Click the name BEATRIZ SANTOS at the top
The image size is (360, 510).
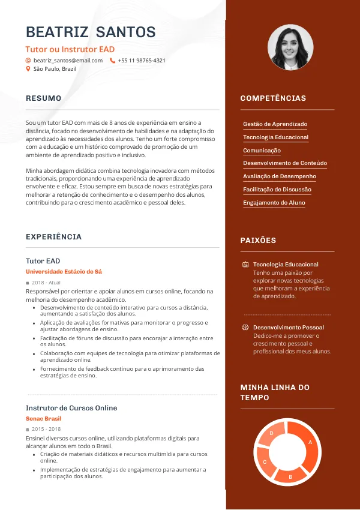coord(91,32)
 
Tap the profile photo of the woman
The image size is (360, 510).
coord(290,47)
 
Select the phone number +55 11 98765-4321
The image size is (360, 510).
coord(142,61)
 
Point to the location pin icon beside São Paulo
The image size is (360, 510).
coord(28,69)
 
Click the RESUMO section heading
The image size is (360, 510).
coord(44,98)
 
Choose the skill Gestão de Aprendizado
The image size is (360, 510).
coord(275,124)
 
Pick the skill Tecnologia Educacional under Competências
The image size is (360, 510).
coord(275,137)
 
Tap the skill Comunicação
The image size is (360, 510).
coord(262,151)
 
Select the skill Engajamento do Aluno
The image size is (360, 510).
coord(274,203)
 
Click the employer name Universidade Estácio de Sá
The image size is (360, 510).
coord(64,272)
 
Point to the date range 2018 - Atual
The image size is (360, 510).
coord(46,283)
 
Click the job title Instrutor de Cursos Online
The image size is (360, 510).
coord(71,408)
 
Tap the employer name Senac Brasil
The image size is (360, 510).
coord(44,419)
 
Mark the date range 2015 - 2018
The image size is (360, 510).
coord(46,430)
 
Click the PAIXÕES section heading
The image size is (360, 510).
coord(258,241)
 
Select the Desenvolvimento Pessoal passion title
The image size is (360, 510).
coord(288,328)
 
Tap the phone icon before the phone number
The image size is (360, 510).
coord(112,61)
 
